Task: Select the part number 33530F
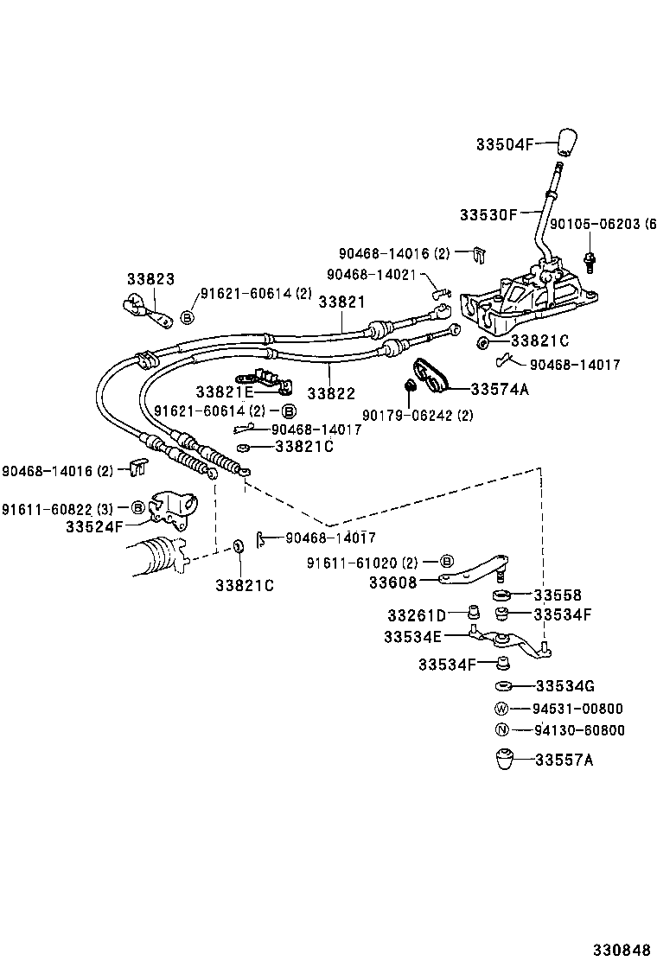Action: pyautogui.click(x=488, y=213)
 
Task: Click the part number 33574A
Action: pyautogui.click(x=500, y=389)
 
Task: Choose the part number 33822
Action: pyautogui.click(x=331, y=393)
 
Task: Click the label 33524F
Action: pyautogui.click(x=94, y=524)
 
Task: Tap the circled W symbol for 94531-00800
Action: pyautogui.click(x=502, y=709)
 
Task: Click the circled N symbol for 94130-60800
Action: pyautogui.click(x=502, y=730)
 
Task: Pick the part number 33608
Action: pyautogui.click(x=392, y=582)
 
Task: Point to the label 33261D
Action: pyautogui.click(x=416, y=615)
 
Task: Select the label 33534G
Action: pyautogui.click(x=565, y=686)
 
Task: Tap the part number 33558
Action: pyautogui.click(x=558, y=595)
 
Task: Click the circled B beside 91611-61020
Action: pyautogui.click(x=448, y=563)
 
